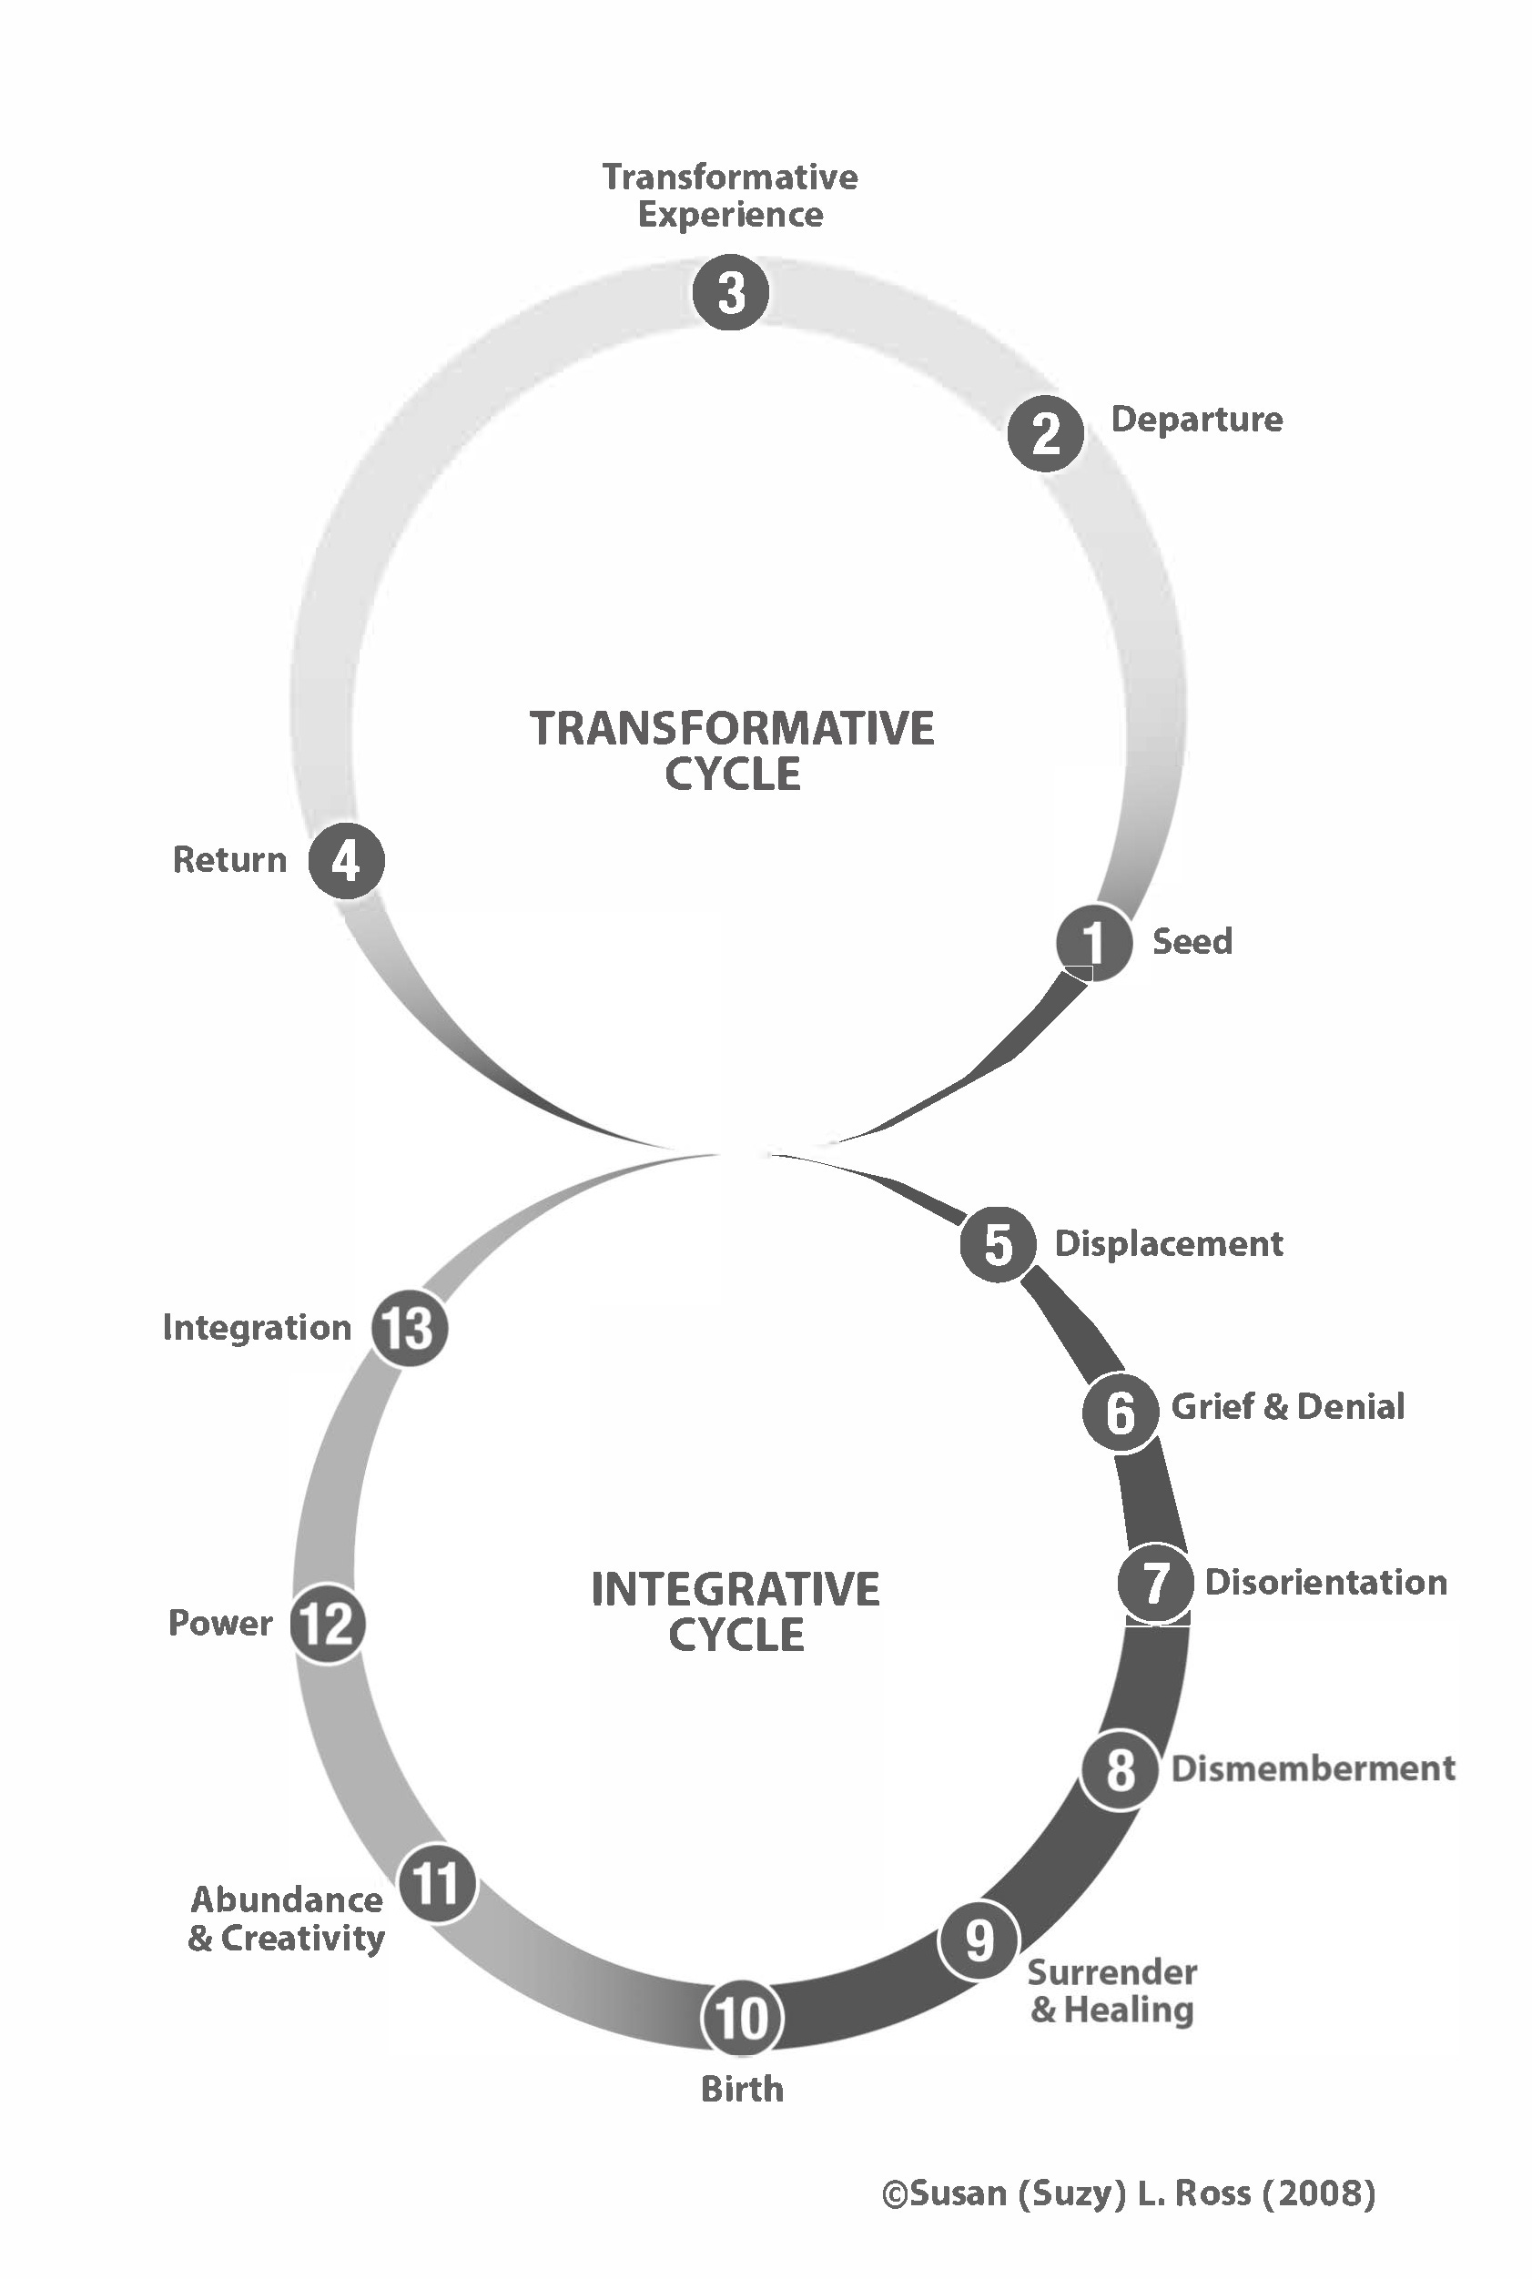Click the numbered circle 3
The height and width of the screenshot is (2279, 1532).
pyautogui.click(x=731, y=291)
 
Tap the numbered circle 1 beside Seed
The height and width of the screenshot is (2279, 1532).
pyautogui.click(x=1093, y=942)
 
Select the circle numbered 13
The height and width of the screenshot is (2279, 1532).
pyautogui.click(x=409, y=1328)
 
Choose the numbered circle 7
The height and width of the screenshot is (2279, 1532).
pyautogui.click(x=1155, y=1583)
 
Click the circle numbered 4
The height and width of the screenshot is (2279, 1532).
pyautogui.click(x=346, y=861)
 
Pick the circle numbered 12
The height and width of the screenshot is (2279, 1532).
pyautogui.click(x=328, y=1623)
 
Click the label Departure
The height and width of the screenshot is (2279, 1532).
pyautogui.click(x=1196, y=419)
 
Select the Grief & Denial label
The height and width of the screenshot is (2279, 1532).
pyautogui.click(x=1287, y=1405)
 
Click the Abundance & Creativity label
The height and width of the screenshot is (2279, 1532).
pyautogui.click(x=286, y=1919)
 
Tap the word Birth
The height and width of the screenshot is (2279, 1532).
pyautogui.click(x=742, y=2090)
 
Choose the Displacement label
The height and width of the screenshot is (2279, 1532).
pyautogui.click(x=1169, y=1243)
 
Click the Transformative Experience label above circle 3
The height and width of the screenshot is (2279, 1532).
pyautogui.click(x=730, y=196)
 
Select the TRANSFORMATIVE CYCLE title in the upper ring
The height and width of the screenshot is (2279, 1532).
pyautogui.click(x=732, y=750)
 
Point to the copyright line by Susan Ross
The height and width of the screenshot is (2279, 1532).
pyautogui.click(x=1129, y=2194)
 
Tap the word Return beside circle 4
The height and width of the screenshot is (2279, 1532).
pyautogui.click(x=229, y=860)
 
